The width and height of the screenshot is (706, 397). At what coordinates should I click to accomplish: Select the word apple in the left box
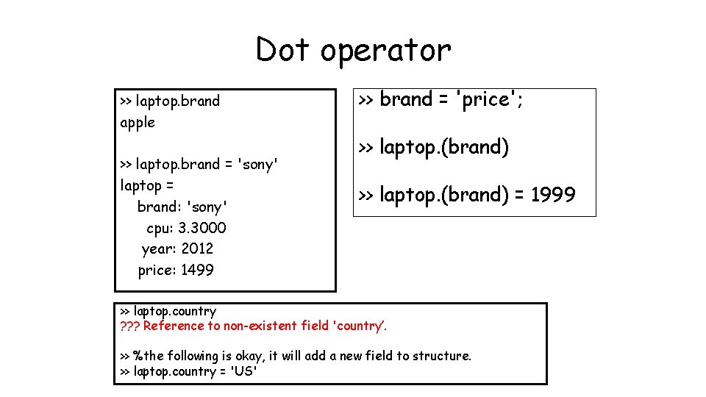[138, 123]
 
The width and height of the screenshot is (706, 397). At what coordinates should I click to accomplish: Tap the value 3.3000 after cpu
[202, 228]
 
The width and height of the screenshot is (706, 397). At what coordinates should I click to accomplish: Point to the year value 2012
[197, 248]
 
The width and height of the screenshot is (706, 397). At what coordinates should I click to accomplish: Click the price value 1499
[197, 270]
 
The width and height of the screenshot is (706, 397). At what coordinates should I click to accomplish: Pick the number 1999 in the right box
[553, 195]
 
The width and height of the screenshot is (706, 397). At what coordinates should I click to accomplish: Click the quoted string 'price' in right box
[485, 99]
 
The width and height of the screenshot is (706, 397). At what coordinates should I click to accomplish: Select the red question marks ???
[129, 326]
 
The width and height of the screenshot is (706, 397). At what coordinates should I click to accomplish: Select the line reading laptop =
[146, 185]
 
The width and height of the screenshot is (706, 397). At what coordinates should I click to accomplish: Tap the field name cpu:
[160, 228]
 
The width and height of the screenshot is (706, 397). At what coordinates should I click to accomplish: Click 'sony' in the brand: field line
[208, 207]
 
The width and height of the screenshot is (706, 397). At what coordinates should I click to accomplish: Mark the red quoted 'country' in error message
[360, 326]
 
